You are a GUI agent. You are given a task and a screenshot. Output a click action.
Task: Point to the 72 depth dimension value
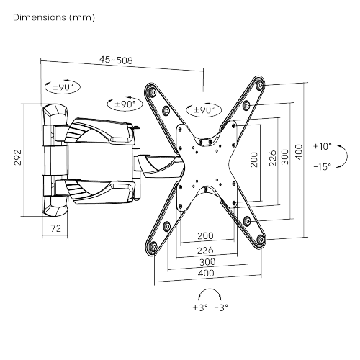click(55, 228)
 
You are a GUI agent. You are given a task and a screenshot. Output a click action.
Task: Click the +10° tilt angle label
click(323, 146)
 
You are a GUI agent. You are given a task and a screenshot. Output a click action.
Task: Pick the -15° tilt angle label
click(323, 166)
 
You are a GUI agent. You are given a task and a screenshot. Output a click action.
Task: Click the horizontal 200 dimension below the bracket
click(205, 235)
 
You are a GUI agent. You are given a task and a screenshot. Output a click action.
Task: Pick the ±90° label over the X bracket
click(201, 110)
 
